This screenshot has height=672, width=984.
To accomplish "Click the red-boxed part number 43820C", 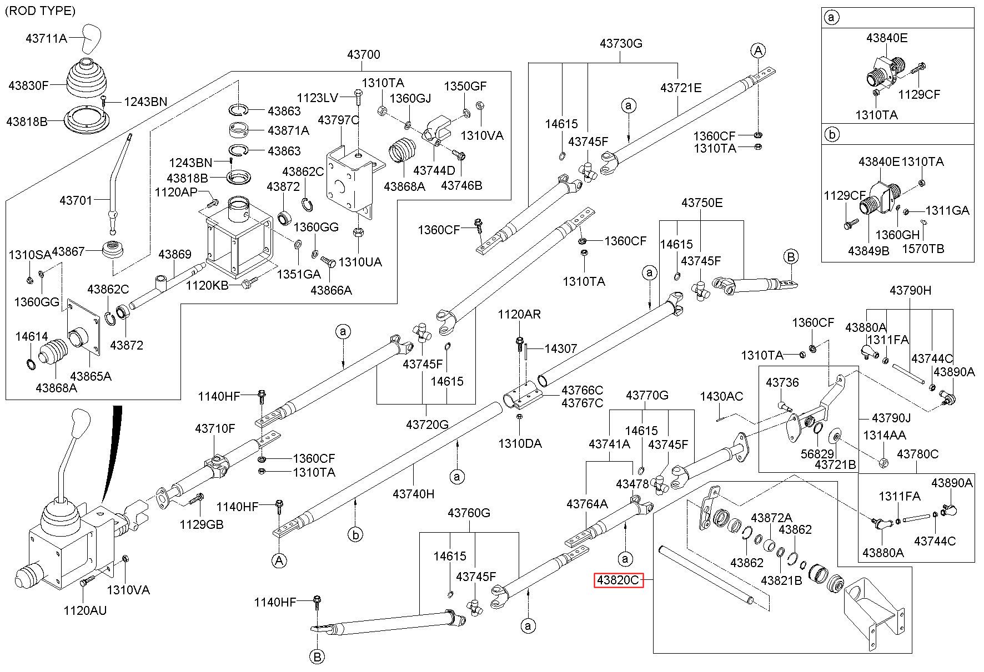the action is click(x=619, y=580).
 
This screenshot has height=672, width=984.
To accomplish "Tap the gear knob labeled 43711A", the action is click(x=92, y=38).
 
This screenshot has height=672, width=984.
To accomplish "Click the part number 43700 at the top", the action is click(x=364, y=54).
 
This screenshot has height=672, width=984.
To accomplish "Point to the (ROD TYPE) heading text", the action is click(x=40, y=11).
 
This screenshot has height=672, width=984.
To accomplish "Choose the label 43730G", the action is click(x=621, y=43).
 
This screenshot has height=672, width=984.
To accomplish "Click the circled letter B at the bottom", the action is click(x=317, y=657).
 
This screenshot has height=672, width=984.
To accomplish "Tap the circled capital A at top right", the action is click(x=758, y=51).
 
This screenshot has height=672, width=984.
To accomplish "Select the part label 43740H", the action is click(x=413, y=493).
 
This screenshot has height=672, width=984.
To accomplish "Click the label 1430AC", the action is click(x=721, y=396).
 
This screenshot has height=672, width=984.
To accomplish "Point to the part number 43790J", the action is click(x=891, y=418).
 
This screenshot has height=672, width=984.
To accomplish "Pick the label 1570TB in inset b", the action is click(x=923, y=249).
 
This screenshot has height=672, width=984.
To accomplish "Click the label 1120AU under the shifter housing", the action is click(x=85, y=610).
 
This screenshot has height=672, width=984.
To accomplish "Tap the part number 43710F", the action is click(x=215, y=428).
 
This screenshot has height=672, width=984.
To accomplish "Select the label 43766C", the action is click(x=582, y=391).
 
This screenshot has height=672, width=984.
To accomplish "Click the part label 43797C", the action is click(x=338, y=120).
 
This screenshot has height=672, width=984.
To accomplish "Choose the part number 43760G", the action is click(x=469, y=513).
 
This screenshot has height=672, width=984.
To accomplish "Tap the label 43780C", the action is click(x=918, y=454).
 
